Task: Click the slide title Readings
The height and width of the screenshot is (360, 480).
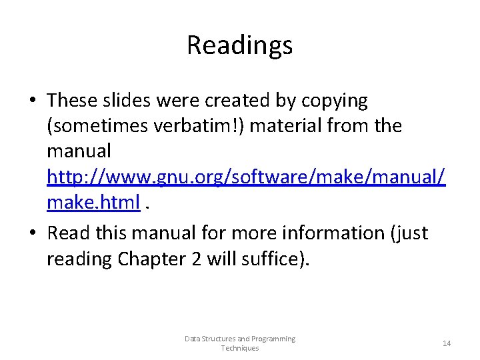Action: click(x=239, y=45)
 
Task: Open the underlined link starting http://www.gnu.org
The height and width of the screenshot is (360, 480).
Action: click(x=247, y=177)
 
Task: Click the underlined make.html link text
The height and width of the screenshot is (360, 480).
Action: click(x=93, y=202)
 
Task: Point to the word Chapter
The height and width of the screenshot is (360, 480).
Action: click(x=148, y=259)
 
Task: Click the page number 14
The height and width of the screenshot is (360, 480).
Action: click(x=447, y=343)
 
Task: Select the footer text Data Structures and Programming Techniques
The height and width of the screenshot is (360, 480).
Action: click(x=239, y=343)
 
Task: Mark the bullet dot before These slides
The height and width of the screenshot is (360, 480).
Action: click(x=33, y=101)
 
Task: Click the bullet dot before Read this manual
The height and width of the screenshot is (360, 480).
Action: click(x=33, y=233)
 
